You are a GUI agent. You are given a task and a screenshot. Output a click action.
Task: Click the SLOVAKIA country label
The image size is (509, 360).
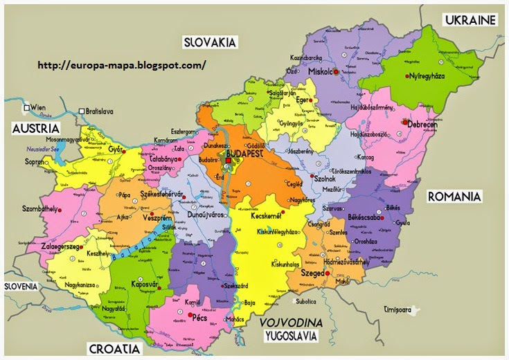click(210, 42)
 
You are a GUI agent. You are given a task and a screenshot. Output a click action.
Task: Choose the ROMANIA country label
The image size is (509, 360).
click(454, 197)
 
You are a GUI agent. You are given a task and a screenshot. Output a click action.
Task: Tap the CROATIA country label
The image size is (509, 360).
click(114, 348)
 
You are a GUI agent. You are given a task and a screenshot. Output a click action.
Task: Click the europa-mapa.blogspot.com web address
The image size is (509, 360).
click(121, 65)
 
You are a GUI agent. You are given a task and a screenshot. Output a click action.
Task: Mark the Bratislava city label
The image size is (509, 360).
click(100, 111)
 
